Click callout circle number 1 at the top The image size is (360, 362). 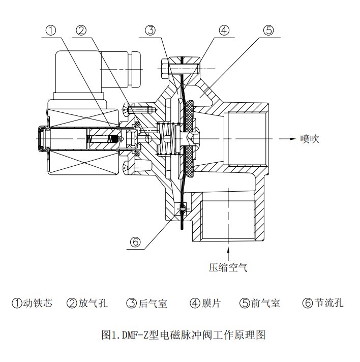tap(51, 30)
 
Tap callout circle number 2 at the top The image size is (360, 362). tap(81, 30)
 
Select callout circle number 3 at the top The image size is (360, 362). tap(149, 30)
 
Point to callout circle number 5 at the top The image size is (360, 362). tap(269, 30)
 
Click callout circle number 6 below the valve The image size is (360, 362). tap(135, 243)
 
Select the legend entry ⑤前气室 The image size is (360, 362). tap(259, 304)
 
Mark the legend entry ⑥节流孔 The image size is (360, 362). tap(323, 304)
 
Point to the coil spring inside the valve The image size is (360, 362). tap(164, 139)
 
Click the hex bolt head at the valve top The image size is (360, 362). tap(164, 68)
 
